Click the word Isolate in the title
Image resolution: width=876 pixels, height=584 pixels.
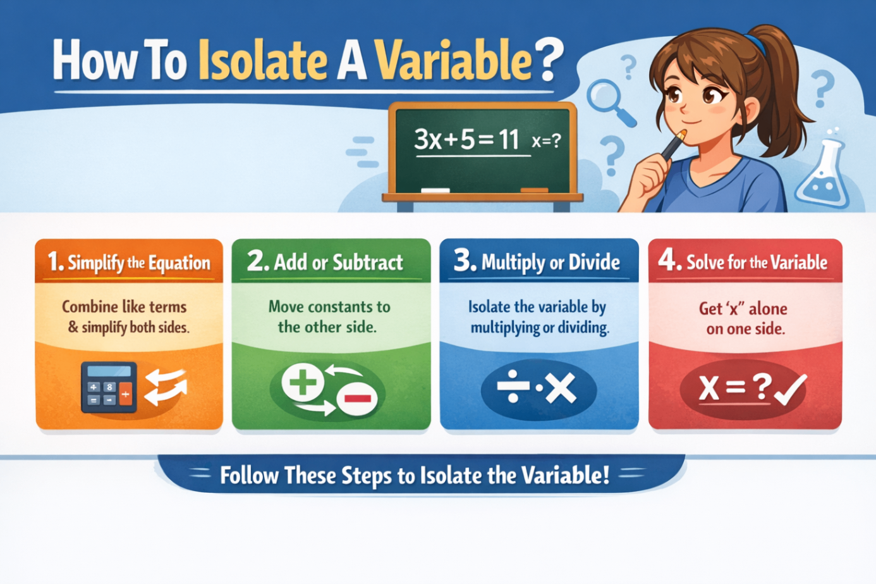point(262,61)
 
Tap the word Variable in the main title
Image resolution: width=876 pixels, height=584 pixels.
point(453,61)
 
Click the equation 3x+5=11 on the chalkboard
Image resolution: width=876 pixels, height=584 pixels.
point(466,139)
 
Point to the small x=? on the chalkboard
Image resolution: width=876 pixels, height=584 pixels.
point(546,141)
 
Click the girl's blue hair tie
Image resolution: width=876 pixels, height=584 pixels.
point(755,44)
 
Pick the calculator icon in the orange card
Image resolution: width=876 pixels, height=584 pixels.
point(109,387)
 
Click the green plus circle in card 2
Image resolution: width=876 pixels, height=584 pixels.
point(302,383)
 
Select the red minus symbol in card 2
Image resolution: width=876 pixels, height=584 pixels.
point(357,398)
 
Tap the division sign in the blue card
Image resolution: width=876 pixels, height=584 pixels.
point(513,388)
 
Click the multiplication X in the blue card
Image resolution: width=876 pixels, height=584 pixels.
point(561,388)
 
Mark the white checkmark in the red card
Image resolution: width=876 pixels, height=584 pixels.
point(789,389)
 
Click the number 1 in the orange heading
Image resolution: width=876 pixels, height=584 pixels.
point(54,261)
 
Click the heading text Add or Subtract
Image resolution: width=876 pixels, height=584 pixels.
point(338,262)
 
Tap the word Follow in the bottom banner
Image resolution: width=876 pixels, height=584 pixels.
point(249,475)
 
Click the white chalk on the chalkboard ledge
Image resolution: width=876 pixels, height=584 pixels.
point(435,190)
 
